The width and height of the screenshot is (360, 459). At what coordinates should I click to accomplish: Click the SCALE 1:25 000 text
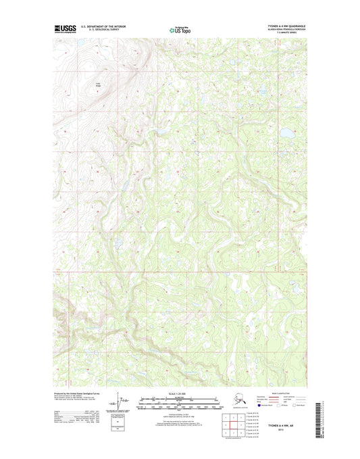pyautogui.click(x=180, y=393)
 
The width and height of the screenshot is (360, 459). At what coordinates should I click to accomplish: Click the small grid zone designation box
pyautogui.click(x=122, y=428)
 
